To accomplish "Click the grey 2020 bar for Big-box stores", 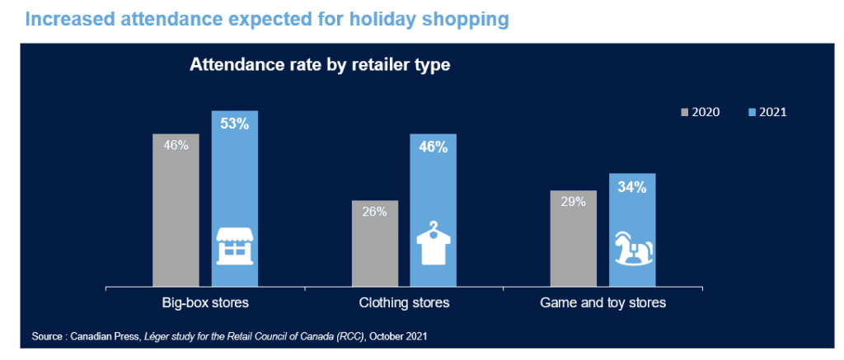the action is (x=176, y=210).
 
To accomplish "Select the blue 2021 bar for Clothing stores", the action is (x=434, y=210).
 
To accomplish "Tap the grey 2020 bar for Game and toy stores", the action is (x=574, y=238).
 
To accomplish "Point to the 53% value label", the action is (x=235, y=124).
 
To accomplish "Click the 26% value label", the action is (x=375, y=212).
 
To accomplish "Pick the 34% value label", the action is (x=632, y=187).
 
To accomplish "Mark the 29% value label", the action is (x=574, y=202).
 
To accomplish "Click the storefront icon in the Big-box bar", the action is (x=235, y=246).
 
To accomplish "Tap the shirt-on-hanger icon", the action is (x=434, y=243).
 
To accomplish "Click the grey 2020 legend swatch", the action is (x=686, y=113).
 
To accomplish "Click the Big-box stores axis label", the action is (x=205, y=303).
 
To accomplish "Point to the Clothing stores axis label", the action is (x=404, y=303).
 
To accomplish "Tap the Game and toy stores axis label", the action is (x=603, y=303).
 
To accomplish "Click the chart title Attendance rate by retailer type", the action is (x=319, y=66).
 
